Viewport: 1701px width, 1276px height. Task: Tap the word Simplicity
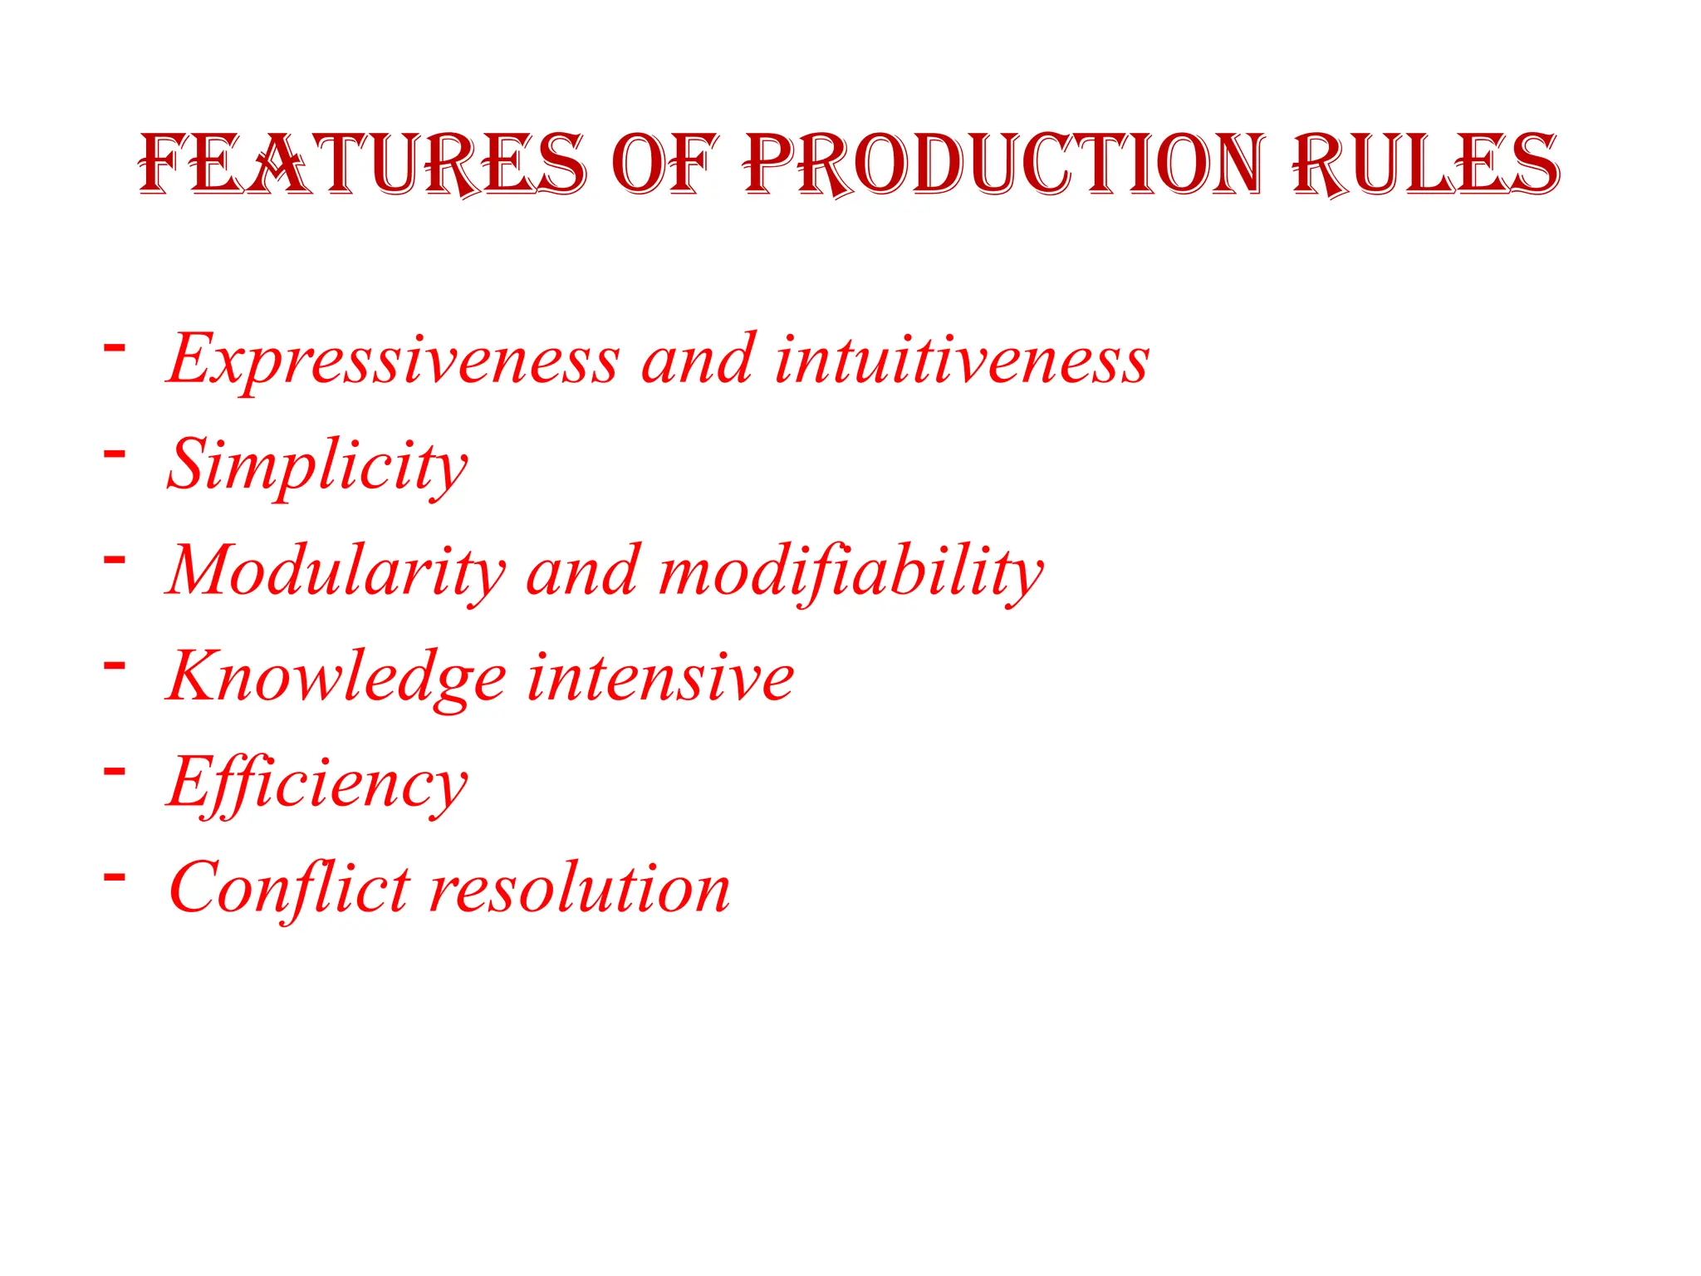(x=317, y=466)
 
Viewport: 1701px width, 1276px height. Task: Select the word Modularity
(x=336, y=572)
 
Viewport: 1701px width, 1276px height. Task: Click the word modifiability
(x=851, y=572)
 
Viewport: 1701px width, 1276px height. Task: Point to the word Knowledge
(x=336, y=678)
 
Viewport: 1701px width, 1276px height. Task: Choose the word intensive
(x=660, y=678)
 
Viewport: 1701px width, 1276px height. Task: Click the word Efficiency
(x=317, y=783)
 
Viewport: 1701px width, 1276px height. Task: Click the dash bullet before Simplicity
(x=115, y=453)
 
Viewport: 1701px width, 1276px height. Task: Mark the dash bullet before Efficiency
(x=115, y=771)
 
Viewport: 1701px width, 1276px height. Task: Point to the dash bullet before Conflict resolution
(x=115, y=876)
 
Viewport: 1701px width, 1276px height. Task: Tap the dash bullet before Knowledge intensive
(x=115, y=665)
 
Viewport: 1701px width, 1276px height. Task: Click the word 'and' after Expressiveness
(x=699, y=361)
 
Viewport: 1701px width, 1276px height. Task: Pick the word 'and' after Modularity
(x=583, y=572)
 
